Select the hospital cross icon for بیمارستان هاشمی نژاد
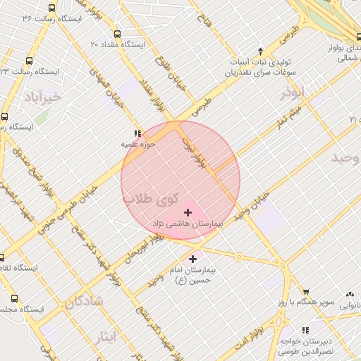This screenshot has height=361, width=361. coord(188,212)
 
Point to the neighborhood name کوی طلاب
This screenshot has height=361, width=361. coord(152,200)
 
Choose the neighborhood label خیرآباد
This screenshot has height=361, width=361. coord(42,95)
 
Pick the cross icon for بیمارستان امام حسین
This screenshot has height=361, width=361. coord(193,259)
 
